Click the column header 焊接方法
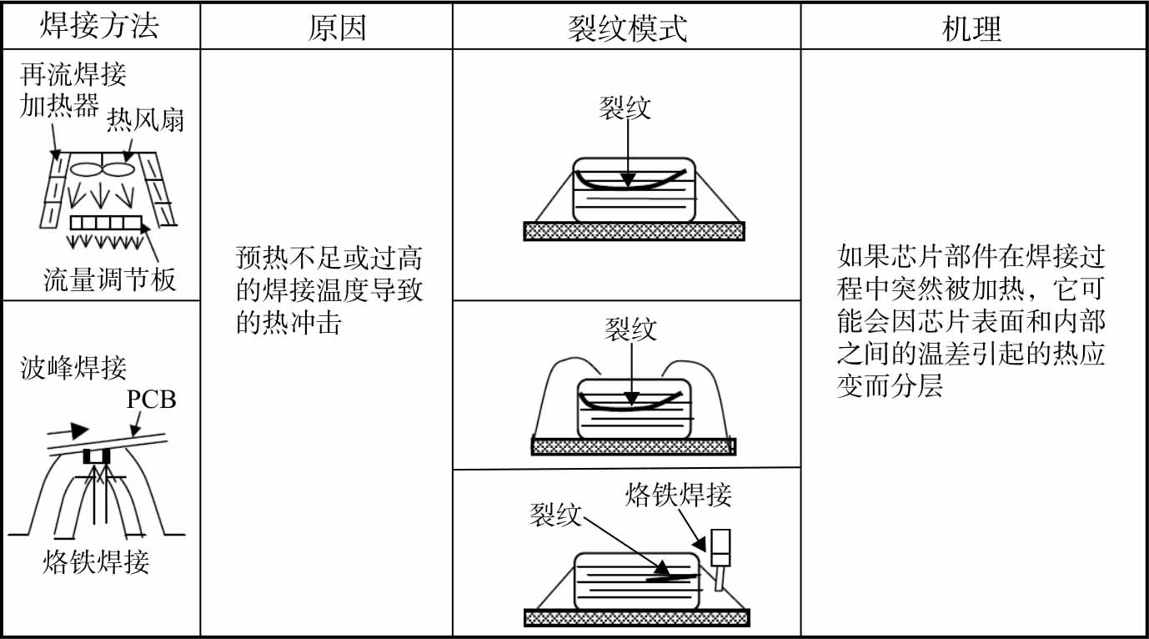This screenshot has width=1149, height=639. pyautogui.click(x=99, y=28)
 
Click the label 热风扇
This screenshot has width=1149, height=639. pyautogui.click(x=145, y=123)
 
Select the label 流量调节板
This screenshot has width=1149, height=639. pyautogui.click(x=110, y=279)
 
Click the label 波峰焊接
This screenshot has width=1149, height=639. pyautogui.click(x=73, y=368)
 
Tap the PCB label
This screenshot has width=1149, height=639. pyautogui.click(x=151, y=399)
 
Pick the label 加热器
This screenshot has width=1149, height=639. pyautogui.click(x=59, y=106)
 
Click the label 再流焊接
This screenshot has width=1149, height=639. pyautogui.click(x=73, y=75)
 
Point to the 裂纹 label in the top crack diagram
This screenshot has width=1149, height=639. pyautogui.click(x=625, y=108)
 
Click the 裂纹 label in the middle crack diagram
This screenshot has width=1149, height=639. pyautogui.click(x=630, y=329)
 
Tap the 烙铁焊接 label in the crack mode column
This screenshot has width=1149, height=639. pyautogui.click(x=678, y=496)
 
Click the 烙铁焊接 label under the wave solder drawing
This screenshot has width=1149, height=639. pyautogui.click(x=96, y=562)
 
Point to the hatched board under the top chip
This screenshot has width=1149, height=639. pyautogui.click(x=634, y=231)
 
